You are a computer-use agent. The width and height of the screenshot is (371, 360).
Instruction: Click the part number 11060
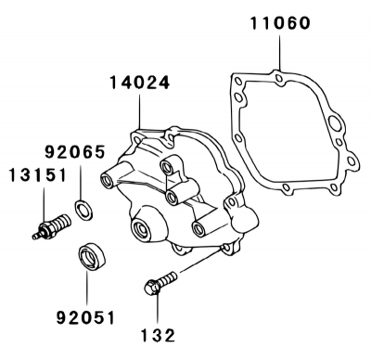tap(280, 23)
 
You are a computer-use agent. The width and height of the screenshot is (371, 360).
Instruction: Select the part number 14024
tap(140, 83)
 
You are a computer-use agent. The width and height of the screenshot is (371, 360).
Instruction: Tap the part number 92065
tap(75, 152)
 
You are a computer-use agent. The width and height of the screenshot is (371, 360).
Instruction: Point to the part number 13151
tap(38, 175)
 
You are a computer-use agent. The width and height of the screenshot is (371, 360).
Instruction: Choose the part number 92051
tap(85, 317)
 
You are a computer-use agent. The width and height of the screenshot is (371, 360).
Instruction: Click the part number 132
tap(159, 335)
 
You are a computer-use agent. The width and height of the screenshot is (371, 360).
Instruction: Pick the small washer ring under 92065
tap(83, 211)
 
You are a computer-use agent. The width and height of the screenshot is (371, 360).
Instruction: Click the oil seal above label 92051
tap(92, 257)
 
